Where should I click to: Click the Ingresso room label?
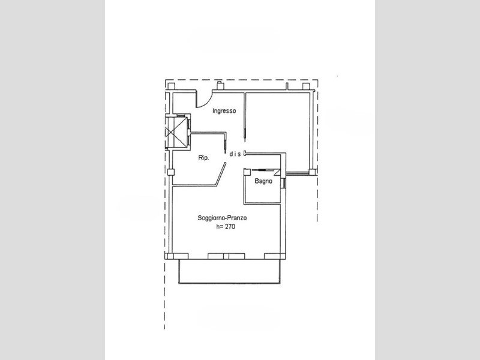coord(225,111)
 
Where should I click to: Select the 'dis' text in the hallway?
coord(235,154)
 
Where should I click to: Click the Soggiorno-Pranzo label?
coord(222,218)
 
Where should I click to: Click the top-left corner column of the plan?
coord(170,88)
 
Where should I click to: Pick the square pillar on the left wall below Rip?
coord(170,172)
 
